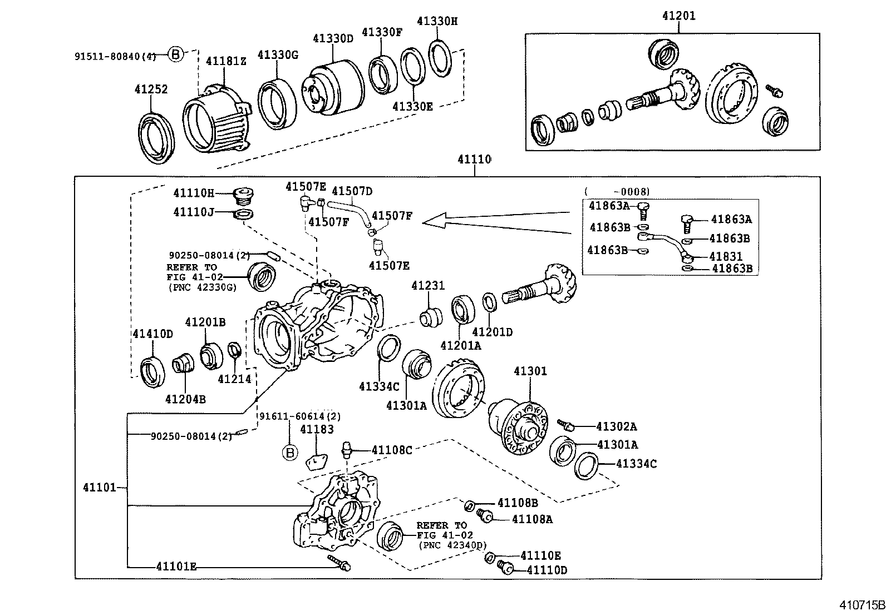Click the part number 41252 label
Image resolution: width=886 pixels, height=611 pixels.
pos(151,90)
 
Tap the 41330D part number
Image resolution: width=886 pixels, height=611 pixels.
pos(333,38)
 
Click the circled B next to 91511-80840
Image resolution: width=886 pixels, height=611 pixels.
pos(175,54)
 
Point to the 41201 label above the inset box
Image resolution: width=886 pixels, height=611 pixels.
pos(678,16)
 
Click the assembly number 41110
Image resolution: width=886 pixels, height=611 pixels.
pos(474,160)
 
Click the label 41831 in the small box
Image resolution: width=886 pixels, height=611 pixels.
pos(726,256)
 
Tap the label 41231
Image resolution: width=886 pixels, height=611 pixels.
pos(428,286)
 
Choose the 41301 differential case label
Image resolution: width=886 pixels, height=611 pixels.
pos(530,371)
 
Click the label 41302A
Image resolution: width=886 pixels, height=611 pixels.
pos(616,426)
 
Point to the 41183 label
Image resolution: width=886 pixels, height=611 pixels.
pos(317,429)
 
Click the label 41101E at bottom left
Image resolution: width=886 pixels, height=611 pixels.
pos(176,567)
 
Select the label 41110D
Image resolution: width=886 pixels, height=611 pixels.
pos(547,570)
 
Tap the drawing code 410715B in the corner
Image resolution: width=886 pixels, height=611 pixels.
pos(862,604)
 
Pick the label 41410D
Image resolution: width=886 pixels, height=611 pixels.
pos(152,334)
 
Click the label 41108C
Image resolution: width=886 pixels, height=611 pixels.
pos(392,450)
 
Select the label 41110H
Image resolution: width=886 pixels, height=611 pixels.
pos(193,193)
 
